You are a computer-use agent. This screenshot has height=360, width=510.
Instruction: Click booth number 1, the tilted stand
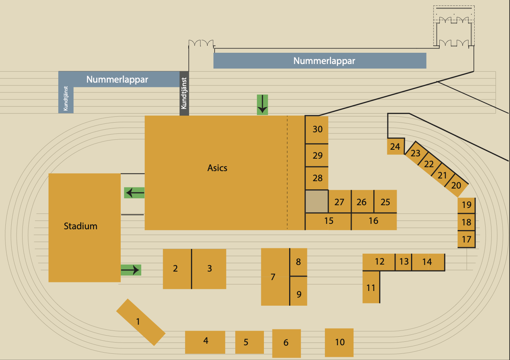(141, 322)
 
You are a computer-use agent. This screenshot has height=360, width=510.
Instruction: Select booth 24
(396, 147)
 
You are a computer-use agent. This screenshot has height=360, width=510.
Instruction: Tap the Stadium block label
(81, 226)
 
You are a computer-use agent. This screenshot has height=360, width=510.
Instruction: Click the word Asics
(217, 168)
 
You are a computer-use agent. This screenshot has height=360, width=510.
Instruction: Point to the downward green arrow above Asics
(262, 104)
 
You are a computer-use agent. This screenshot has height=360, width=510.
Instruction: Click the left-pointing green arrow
(134, 192)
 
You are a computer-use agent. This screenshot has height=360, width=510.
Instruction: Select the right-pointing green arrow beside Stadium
(131, 270)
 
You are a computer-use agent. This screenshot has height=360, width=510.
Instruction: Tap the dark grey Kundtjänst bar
(184, 93)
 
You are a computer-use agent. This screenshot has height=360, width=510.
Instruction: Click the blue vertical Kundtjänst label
(66, 99)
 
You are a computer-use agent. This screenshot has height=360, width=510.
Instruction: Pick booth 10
(339, 343)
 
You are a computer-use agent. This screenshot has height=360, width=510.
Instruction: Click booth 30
(317, 130)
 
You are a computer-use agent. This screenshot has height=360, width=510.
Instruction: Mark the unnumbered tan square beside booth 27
(317, 201)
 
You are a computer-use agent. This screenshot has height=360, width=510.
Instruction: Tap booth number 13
(404, 261)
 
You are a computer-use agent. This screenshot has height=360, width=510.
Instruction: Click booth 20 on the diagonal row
(456, 185)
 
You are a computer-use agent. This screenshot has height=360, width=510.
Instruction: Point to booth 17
(466, 239)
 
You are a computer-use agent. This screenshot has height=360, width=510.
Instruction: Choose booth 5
(249, 342)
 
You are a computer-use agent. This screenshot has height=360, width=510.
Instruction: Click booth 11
(371, 288)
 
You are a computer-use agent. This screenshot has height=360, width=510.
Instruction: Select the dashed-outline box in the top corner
(454, 13)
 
